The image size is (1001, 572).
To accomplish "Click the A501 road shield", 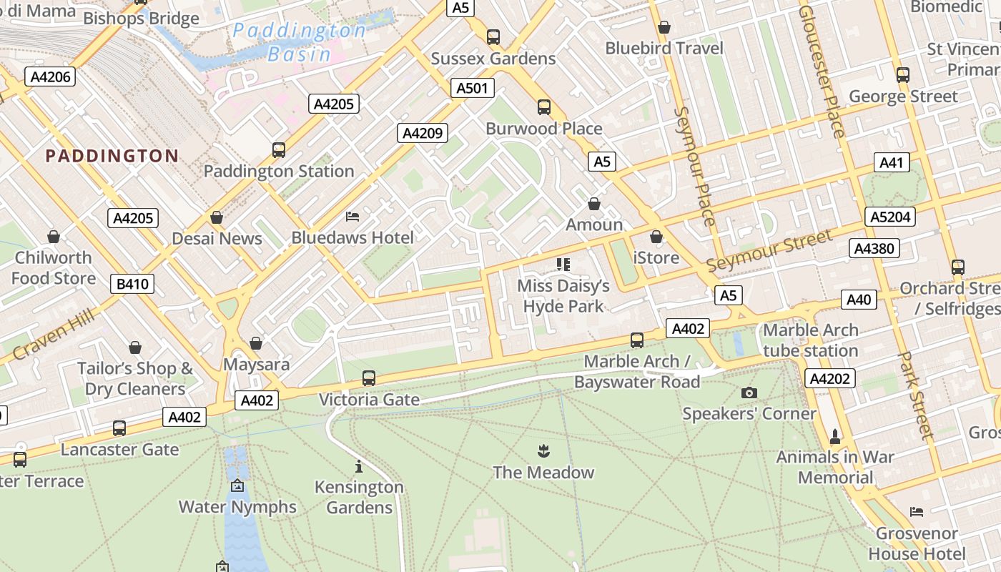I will click(473, 88).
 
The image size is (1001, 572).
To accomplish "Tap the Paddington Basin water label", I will click(300, 42).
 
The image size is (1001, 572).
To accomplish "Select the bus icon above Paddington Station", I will click(279, 150).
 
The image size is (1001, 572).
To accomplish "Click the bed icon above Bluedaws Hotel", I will click(352, 216).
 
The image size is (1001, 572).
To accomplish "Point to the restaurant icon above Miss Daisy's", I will click(563, 265).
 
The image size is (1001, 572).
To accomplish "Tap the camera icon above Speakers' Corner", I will click(749, 393).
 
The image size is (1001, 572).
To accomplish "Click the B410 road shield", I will click(133, 284).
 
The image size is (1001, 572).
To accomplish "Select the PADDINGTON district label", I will click(112, 156).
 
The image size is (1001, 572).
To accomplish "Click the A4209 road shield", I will click(423, 133).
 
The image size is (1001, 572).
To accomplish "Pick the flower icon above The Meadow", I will click(543, 451).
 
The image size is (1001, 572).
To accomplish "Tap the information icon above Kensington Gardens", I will click(359, 467).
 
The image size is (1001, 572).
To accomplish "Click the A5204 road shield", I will click(890, 217).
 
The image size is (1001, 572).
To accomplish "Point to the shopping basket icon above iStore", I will click(656, 237).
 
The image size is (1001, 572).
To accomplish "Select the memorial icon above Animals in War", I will click(834, 436).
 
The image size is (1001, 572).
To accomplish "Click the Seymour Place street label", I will click(694, 166).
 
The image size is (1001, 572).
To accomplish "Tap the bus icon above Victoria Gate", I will click(369, 378).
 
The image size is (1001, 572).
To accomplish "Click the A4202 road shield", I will click(830, 378).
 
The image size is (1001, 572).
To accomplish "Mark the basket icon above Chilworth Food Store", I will click(54, 237).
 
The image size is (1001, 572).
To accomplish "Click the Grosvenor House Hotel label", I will click(917, 543).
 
